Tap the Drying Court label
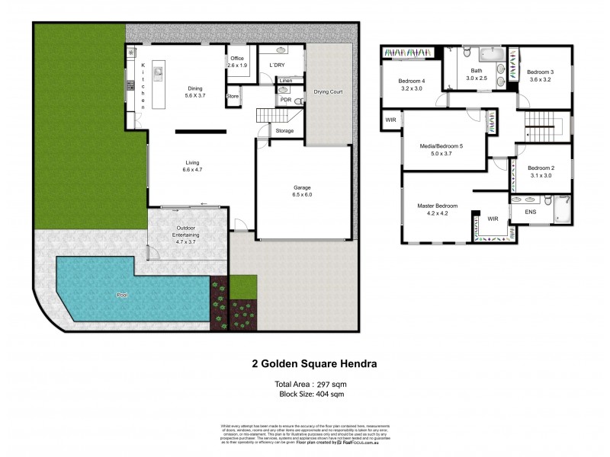click(x=329, y=92)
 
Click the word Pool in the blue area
click(x=122, y=294)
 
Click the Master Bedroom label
click(x=437, y=209)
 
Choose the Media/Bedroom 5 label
click(x=442, y=149)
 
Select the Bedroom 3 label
click(x=540, y=75)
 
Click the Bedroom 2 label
click(x=540, y=171)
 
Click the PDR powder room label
click(x=285, y=100)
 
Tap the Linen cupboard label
click(x=286, y=80)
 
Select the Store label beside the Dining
click(x=233, y=97)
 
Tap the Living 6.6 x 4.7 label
click(x=192, y=167)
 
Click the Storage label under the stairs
click(x=284, y=131)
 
